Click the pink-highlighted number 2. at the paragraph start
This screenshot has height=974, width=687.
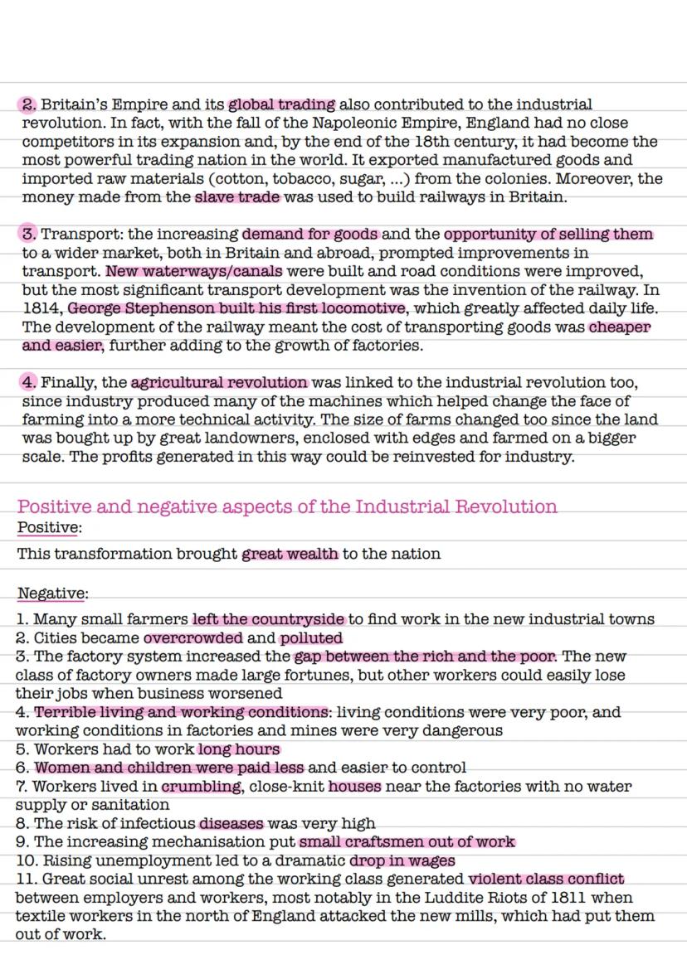click(x=29, y=105)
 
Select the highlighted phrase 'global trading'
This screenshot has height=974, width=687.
click(x=282, y=105)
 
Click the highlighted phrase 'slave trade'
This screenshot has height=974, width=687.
click(x=238, y=197)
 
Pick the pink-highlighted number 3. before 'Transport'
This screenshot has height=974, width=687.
click(x=29, y=235)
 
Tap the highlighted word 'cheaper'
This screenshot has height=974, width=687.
click(x=620, y=327)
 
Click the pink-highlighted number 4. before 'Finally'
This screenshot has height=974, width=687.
click(x=29, y=383)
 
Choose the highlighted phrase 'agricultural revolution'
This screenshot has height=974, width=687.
click(x=219, y=383)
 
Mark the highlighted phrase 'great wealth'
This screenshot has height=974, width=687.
click(x=290, y=554)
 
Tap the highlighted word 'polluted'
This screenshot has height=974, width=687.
click(x=311, y=638)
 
